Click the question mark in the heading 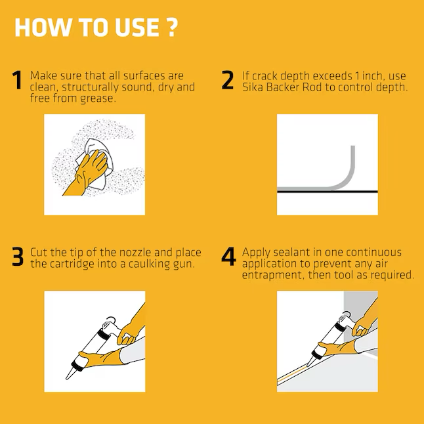pos(171,27)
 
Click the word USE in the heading pos(137,28)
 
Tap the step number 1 pos(17,80)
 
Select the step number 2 pos(227,80)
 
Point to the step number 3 pos(18,257)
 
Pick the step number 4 pos(228,257)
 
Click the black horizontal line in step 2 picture pos(328,192)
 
